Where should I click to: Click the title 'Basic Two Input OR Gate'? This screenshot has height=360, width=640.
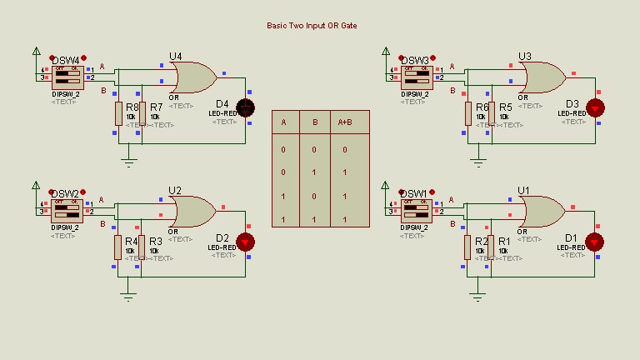coord(311,26)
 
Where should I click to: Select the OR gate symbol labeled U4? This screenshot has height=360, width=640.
coord(192,77)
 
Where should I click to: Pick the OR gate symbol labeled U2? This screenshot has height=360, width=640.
coord(192,212)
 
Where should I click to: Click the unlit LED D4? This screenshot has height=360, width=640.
coord(246,107)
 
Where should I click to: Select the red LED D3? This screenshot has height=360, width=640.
coord(595,107)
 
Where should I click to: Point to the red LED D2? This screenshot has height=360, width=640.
coord(246,242)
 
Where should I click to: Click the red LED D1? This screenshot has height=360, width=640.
coord(595,242)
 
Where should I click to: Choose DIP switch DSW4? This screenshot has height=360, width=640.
coord(67,77)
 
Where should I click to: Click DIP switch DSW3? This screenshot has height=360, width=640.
coord(416,77)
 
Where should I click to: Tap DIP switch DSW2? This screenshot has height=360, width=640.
coord(67,212)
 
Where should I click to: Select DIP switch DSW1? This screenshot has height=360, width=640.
coord(416,212)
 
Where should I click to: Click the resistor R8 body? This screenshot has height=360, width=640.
coord(118,113)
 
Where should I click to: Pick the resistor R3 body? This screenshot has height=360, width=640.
coord(142,247)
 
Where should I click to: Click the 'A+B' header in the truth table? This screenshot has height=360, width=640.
coord(344,122)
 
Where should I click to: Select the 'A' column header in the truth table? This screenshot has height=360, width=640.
coord(283,122)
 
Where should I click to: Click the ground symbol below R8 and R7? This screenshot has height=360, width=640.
coord(128,160)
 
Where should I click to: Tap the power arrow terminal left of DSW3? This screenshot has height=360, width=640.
coord(385,51)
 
